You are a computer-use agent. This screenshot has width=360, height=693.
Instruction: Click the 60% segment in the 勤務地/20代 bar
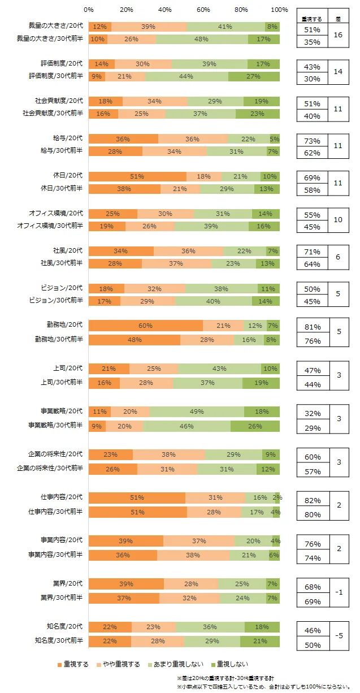146,325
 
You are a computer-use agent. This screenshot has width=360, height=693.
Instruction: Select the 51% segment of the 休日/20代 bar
137,176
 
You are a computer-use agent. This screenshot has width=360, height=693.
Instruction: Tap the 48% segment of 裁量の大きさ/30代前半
202,39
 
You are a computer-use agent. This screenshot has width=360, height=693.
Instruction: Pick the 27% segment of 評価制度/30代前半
254,76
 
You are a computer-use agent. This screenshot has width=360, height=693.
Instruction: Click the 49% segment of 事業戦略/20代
197,412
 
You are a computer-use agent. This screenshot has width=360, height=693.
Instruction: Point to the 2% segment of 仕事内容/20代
277,497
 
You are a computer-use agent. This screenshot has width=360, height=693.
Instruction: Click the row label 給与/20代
67,138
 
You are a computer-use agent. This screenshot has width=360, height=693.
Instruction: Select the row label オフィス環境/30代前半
55,226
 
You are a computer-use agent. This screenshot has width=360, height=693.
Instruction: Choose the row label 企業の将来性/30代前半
55,469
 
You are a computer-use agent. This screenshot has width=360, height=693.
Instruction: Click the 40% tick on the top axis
165,10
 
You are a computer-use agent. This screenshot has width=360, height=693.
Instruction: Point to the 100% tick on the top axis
279,10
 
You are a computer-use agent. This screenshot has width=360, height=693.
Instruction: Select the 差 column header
338,18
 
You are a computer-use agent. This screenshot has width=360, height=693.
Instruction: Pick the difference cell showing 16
338,35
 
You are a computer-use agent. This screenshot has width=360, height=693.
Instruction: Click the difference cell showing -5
338,636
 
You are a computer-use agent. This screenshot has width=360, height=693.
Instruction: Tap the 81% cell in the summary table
313,327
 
